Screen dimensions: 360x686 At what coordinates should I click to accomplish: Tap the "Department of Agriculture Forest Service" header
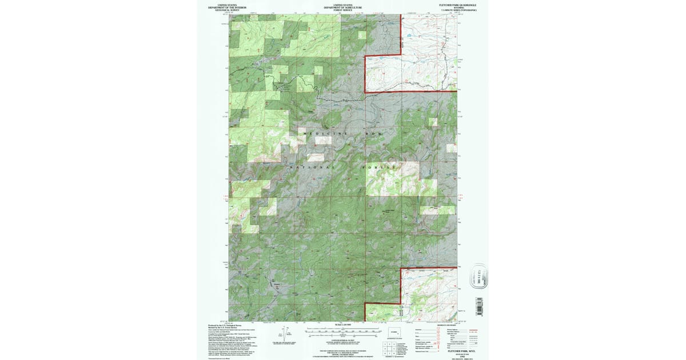click(343, 7)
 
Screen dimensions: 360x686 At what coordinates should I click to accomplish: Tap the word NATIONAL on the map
click(312, 167)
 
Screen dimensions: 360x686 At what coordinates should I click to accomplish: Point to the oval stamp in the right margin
click(478, 277)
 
